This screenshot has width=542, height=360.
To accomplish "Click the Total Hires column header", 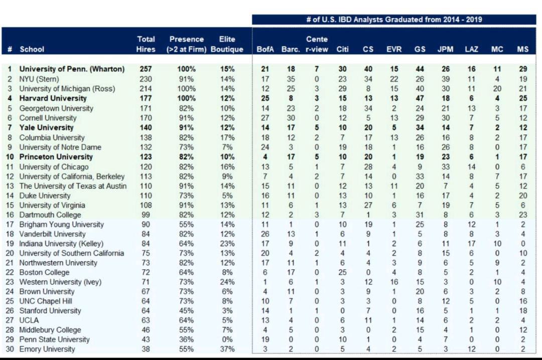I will (146, 44).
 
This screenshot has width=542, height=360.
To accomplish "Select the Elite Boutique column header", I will (227, 44).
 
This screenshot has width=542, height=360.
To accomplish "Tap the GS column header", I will (420, 49).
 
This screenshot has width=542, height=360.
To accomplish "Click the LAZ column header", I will (471, 49).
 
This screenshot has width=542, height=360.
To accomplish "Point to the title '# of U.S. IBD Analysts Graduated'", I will (394, 20).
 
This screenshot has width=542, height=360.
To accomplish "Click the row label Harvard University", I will (53, 98).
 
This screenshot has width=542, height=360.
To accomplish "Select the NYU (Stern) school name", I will (39, 79).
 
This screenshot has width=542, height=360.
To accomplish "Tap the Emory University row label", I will (47, 349).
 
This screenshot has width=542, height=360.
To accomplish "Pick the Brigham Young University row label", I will (62, 224).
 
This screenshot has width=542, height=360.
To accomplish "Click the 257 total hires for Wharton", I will (146, 69).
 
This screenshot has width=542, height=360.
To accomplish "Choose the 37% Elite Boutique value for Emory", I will (227, 349).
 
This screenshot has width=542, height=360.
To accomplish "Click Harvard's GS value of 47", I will (420, 98).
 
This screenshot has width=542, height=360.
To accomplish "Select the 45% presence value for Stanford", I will (186, 310).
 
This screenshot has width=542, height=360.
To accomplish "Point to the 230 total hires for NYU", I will (146, 79).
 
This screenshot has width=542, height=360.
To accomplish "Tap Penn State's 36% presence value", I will (186, 339).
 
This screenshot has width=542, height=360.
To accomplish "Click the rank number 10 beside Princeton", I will (10, 156).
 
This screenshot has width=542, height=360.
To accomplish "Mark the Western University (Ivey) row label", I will (60, 282).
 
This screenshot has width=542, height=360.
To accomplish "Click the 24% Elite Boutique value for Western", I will (227, 282).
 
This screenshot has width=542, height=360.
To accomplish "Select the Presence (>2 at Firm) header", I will (186, 44).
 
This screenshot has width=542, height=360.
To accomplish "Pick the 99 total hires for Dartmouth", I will (146, 215).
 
